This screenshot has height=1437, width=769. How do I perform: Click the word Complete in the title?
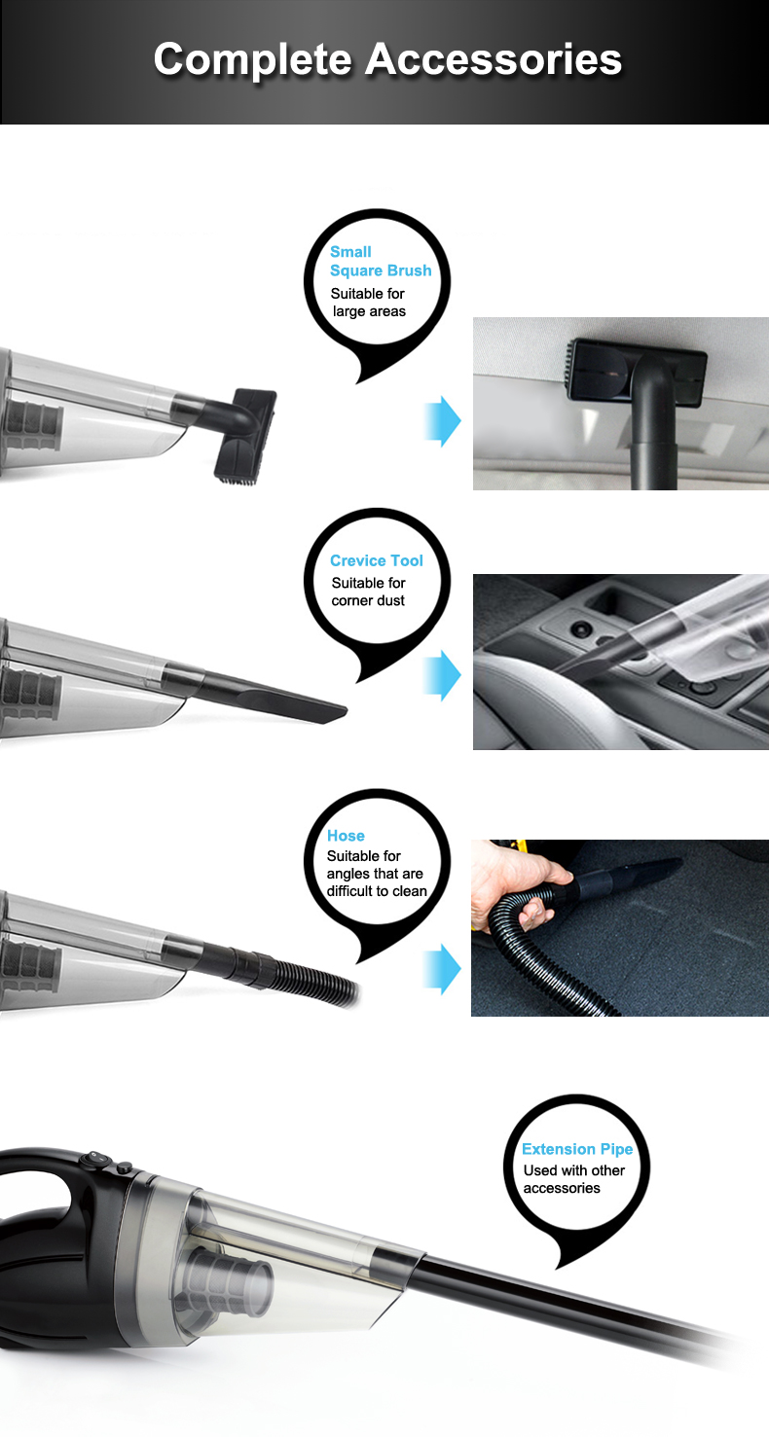[x=253, y=60]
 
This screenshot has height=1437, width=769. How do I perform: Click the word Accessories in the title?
[x=494, y=59]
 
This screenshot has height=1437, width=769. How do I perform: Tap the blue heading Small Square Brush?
[x=380, y=261]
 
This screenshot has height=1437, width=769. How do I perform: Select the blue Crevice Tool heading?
[x=376, y=560]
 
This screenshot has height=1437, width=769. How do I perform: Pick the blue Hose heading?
[x=346, y=836]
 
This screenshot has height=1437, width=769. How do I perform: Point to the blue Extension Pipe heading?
[x=577, y=1148]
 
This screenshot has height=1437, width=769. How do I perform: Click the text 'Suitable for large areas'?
[x=369, y=303]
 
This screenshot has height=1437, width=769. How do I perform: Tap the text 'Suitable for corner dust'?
[x=369, y=592]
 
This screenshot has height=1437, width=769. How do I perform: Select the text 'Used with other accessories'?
[x=574, y=1179]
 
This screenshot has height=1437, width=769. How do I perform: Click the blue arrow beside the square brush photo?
[x=442, y=421]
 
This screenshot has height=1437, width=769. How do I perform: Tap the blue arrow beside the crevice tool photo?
[x=442, y=675]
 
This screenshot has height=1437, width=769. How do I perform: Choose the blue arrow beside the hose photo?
[x=442, y=969]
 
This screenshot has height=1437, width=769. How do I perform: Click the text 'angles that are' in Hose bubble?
[x=375, y=873]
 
